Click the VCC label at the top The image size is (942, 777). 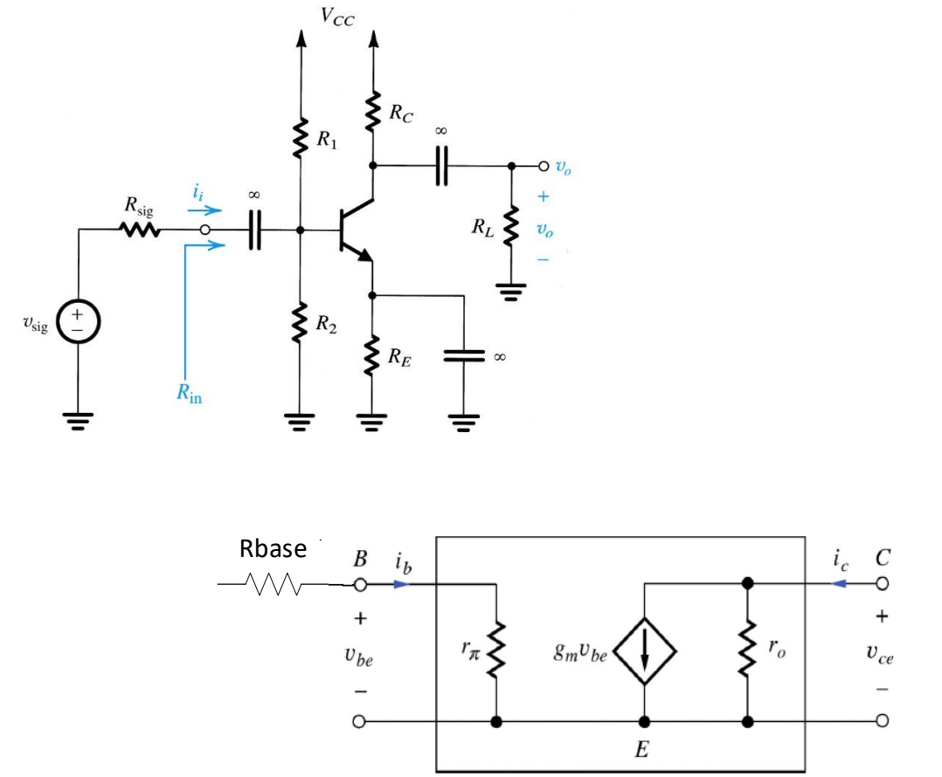pos(336,17)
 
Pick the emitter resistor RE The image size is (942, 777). pos(374,354)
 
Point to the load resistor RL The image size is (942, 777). pos(512,229)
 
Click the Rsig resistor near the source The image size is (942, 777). pos(140,231)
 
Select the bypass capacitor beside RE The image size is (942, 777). pos(463,355)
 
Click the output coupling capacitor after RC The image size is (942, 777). pos(441,166)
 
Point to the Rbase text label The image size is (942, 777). pos(273,549)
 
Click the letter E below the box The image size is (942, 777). pos(642,749)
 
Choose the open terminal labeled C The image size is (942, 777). pos(882,583)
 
